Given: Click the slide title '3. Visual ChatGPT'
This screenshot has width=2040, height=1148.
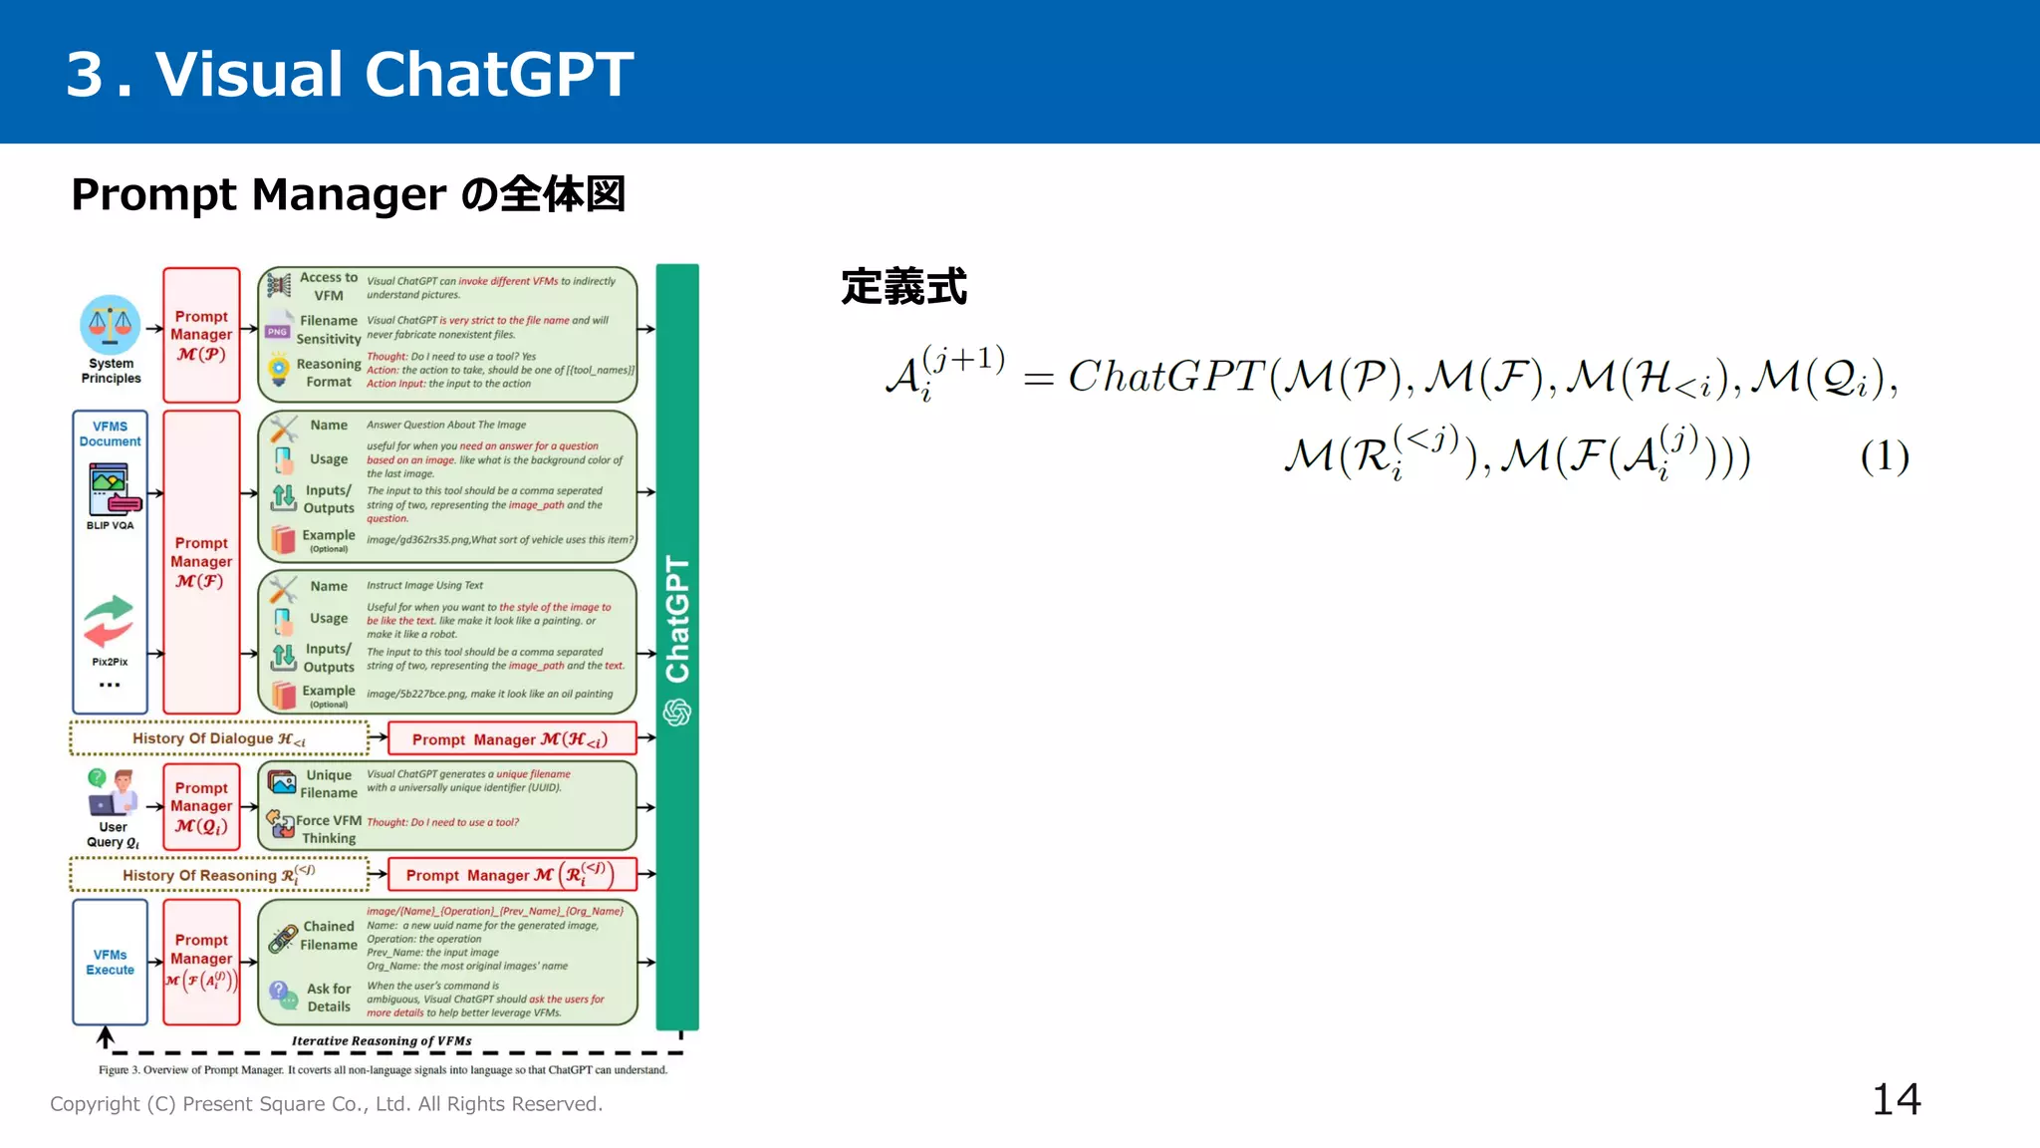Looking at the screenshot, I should point(350,74).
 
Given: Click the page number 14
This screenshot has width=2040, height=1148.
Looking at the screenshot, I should point(1896,1099).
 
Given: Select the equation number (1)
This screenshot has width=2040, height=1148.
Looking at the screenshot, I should point(1884,456).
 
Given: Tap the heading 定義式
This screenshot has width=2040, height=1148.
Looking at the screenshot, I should point(903,287).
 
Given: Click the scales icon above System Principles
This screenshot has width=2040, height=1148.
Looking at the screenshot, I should point(111,324).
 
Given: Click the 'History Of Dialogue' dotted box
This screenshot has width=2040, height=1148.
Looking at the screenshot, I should point(219,738).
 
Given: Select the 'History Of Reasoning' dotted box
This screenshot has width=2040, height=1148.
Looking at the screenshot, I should point(219,875).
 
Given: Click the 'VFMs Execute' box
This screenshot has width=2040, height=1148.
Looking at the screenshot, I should point(110,962).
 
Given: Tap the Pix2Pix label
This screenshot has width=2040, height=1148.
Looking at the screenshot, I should point(110,662).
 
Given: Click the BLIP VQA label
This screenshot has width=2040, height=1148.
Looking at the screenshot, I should point(110,525).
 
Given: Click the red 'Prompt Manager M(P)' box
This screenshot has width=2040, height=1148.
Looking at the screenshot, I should point(201,335).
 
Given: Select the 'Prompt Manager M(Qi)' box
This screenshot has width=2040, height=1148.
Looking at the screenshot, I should point(201,806).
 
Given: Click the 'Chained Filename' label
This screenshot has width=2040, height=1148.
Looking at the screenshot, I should point(329,936).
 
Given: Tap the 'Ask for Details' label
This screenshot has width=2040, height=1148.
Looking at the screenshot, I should point(329,998).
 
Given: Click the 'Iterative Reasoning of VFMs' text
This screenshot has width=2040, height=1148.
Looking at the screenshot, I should point(382,1040).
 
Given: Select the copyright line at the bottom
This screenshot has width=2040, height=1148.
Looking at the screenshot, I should point(326,1104).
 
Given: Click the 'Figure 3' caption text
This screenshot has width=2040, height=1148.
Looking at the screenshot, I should point(382,1070).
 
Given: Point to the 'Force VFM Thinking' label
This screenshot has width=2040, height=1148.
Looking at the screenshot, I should point(329,829).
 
